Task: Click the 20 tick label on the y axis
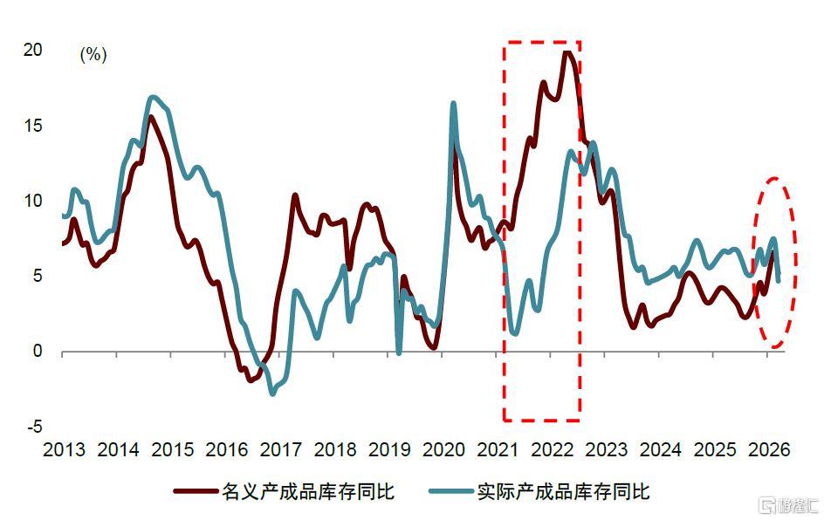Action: point(32,50)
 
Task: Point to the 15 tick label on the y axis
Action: point(32,126)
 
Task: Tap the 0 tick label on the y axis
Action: point(38,351)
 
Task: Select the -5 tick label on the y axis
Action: point(34,426)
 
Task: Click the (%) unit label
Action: point(93,54)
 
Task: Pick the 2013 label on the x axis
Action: point(64,449)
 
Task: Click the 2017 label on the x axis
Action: point(281,449)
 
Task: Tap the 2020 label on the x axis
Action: point(444,449)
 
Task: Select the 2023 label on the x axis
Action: point(607,449)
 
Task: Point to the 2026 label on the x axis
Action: point(769,449)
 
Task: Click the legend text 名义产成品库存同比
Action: point(308,491)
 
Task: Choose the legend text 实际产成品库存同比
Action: point(564,491)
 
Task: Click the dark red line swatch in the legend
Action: point(196,491)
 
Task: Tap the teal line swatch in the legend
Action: point(451,491)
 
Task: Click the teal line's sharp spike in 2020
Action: point(453,104)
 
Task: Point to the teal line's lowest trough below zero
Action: point(272,393)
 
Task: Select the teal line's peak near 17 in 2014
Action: point(153,97)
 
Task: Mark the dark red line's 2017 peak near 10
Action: point(295,195)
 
